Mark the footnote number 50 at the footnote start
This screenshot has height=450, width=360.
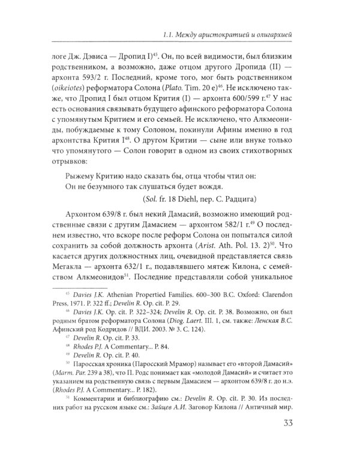click(x=66, y=386)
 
